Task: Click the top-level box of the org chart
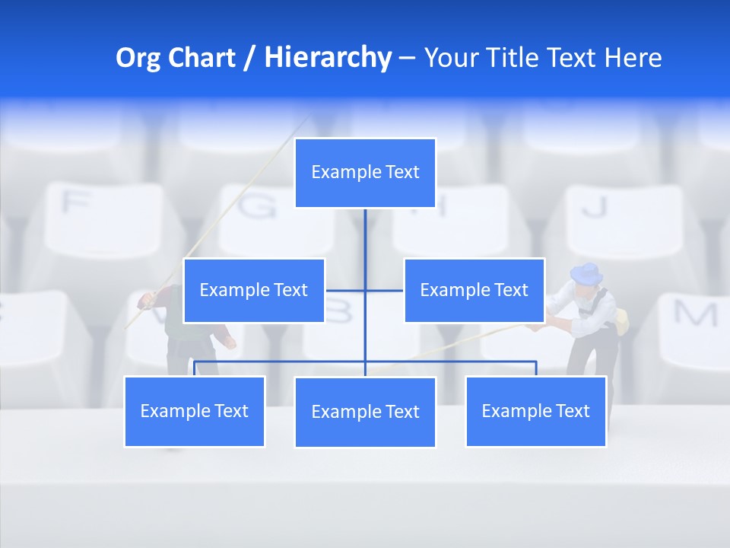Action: click(x=365, y=173)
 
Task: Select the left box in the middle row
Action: click(x=254, y=290)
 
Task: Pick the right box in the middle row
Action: click(x=474, y=290)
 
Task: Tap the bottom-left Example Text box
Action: click(x=195, y=411)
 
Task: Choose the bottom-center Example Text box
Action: click(x=365, y=412)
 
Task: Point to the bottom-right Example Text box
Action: click(x=535, y=411)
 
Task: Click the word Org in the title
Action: click(x=138, y=58)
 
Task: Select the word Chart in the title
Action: click(x=202, y=58)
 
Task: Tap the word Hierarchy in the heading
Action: click(x=327, y=58)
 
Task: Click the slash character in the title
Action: click(x=249, y=58)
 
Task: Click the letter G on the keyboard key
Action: click(x=259, y=206)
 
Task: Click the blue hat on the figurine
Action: click(x=586, y=272)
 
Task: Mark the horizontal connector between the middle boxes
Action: click(x=365, y=290)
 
